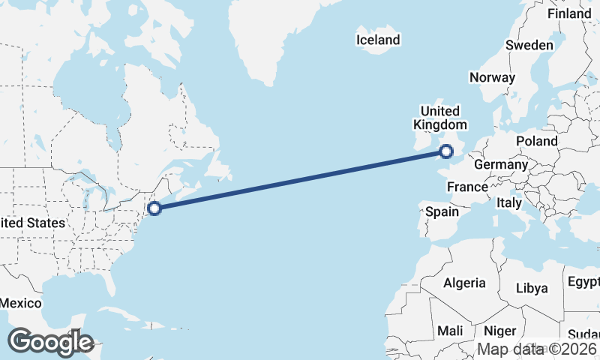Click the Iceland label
click(378, 40)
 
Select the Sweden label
click(529, 45)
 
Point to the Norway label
click(492, 77)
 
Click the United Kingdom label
click(443, 118)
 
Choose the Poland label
click(537, 141)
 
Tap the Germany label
click(501, 164)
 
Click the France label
click(467, 186)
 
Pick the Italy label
click(509, 202)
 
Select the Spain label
click(442, 211)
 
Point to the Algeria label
click(464, 283)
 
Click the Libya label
click(532, 288)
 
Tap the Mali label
click(450, 331)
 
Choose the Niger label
click(500, 331)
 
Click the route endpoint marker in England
click(447, 151)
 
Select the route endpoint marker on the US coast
click(154, 208)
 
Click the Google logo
click(50, 342)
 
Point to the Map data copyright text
click(538, 349)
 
